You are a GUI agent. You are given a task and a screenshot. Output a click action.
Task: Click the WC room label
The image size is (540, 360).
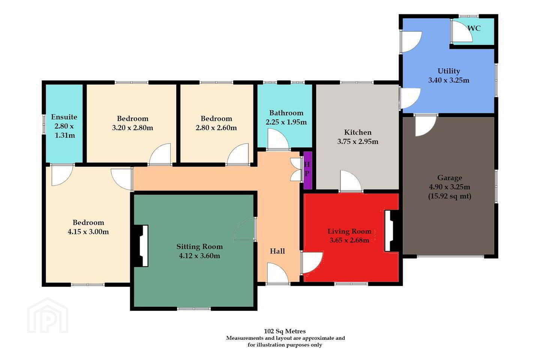pos(474,28)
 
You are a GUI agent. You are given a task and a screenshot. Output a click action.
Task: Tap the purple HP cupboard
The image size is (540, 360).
pos(307,171)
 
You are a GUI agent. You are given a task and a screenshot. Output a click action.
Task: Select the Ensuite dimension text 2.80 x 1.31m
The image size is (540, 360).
pos(64,131)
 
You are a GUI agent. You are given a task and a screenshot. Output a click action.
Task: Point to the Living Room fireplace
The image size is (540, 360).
pos(391,231)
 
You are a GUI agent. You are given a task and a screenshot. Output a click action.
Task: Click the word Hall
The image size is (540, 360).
pos(277,251)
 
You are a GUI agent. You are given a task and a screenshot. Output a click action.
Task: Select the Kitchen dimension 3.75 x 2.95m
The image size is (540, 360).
pos(358,141)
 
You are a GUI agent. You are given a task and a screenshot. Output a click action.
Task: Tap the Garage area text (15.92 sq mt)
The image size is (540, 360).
pos(450,196)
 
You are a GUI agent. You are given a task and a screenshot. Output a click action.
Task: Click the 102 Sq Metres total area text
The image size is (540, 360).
pos(285,331)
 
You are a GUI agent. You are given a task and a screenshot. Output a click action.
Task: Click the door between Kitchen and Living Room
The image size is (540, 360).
pos(351,181)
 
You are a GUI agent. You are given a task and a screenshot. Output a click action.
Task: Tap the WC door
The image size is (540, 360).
pos(462,32)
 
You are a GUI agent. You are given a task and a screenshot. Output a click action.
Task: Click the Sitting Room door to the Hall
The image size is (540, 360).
pos(244,229)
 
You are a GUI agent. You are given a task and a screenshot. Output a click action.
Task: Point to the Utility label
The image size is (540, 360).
pos(448,71)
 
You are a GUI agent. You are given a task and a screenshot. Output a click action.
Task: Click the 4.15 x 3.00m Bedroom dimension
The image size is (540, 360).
pos(88,232)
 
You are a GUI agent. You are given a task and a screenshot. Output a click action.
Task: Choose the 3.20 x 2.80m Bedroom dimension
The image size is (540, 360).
pos(133,127)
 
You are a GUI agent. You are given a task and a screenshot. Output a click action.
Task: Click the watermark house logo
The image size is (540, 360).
pos(48,316)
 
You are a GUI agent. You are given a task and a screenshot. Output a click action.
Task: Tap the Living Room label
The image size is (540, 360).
pos(349,231)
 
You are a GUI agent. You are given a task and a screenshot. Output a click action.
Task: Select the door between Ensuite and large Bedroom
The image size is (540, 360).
pos(62,175)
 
